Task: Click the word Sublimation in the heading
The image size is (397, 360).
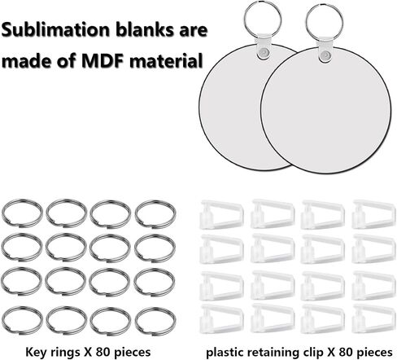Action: click(55, 29)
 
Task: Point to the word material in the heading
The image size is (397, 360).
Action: click(166, 60)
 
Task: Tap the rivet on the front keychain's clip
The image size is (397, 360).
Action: click(325, 55)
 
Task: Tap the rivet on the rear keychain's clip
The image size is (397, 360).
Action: click(262, 51)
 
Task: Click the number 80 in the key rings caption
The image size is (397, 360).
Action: click(103, 352)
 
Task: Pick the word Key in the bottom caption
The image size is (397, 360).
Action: click(34, 353)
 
